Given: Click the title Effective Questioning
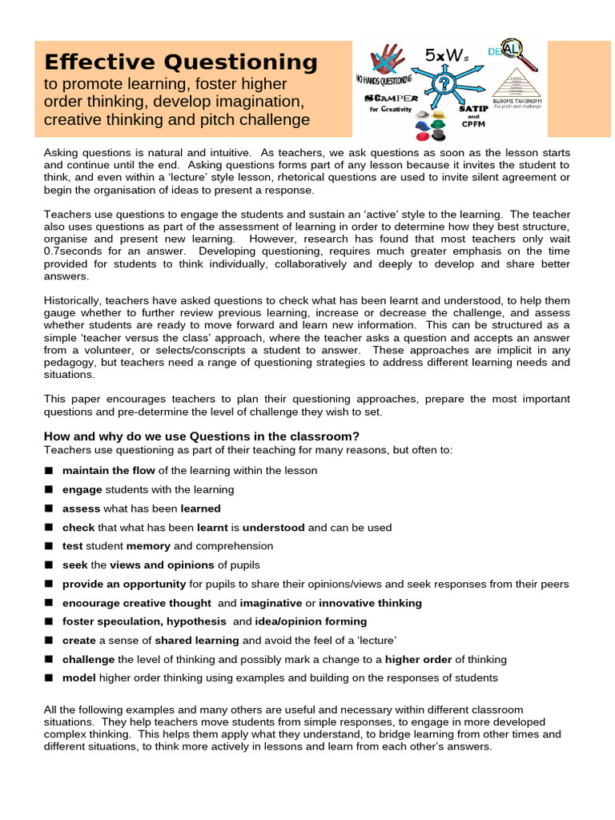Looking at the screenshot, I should (181, 62).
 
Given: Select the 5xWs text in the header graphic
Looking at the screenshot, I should (442, 54).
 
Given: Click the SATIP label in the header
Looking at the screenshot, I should (472, 107).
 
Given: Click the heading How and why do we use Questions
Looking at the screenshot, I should (201, 436).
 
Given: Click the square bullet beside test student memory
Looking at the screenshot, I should (49, 546).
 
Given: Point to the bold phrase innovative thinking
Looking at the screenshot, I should (370, 603).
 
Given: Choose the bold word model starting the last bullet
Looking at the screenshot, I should (79, 678).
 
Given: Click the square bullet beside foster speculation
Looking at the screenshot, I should (49, 622).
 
